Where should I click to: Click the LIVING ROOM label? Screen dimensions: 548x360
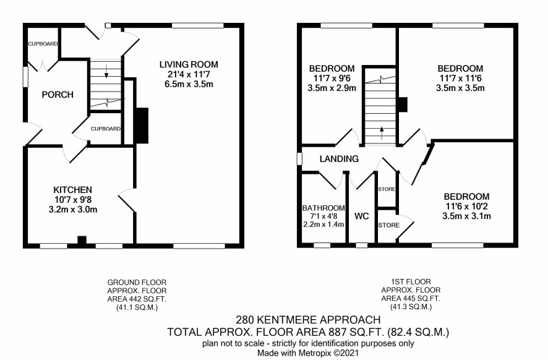coord(189,65)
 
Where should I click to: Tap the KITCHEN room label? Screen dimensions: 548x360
coord(73,190)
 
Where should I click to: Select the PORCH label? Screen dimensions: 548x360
coord(58,95)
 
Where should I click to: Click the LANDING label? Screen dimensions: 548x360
coord(339,159)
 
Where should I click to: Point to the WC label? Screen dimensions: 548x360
coord(362,216)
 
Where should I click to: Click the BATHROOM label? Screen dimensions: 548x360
coord(323,208)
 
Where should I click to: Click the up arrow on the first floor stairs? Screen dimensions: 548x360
coord(382,133)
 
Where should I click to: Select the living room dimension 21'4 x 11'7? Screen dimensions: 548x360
coord(189,74)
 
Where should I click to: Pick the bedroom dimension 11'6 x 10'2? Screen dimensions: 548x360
coord(466,206)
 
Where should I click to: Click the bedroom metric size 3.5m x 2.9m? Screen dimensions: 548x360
coord(332,88)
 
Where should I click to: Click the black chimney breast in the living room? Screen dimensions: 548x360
coord(142,126)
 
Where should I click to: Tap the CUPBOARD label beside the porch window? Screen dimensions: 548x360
coord(43,44)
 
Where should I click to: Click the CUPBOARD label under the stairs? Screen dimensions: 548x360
coord(106,129)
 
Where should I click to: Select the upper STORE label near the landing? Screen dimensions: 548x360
coord(387,189)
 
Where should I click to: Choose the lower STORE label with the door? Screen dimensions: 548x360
coord(388,225)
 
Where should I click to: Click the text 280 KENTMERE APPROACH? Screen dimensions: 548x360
coord(308,320)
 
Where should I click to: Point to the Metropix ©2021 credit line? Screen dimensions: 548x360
coord(308,353)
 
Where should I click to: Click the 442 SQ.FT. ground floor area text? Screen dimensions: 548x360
coord(137,299)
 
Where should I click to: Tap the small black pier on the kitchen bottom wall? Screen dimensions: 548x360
coord(82,241)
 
